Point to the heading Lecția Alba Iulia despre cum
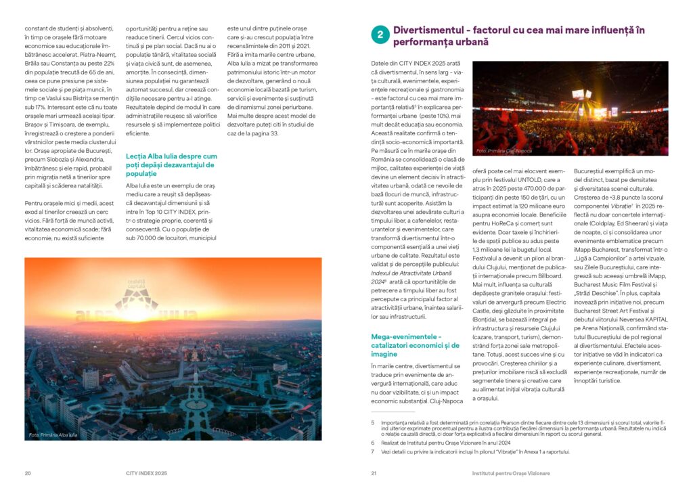pos(171,156)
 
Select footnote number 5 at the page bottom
pos(373,422)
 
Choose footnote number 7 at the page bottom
pos(373,451)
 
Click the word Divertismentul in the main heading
pos(433,30)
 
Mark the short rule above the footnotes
pos(393,412)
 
